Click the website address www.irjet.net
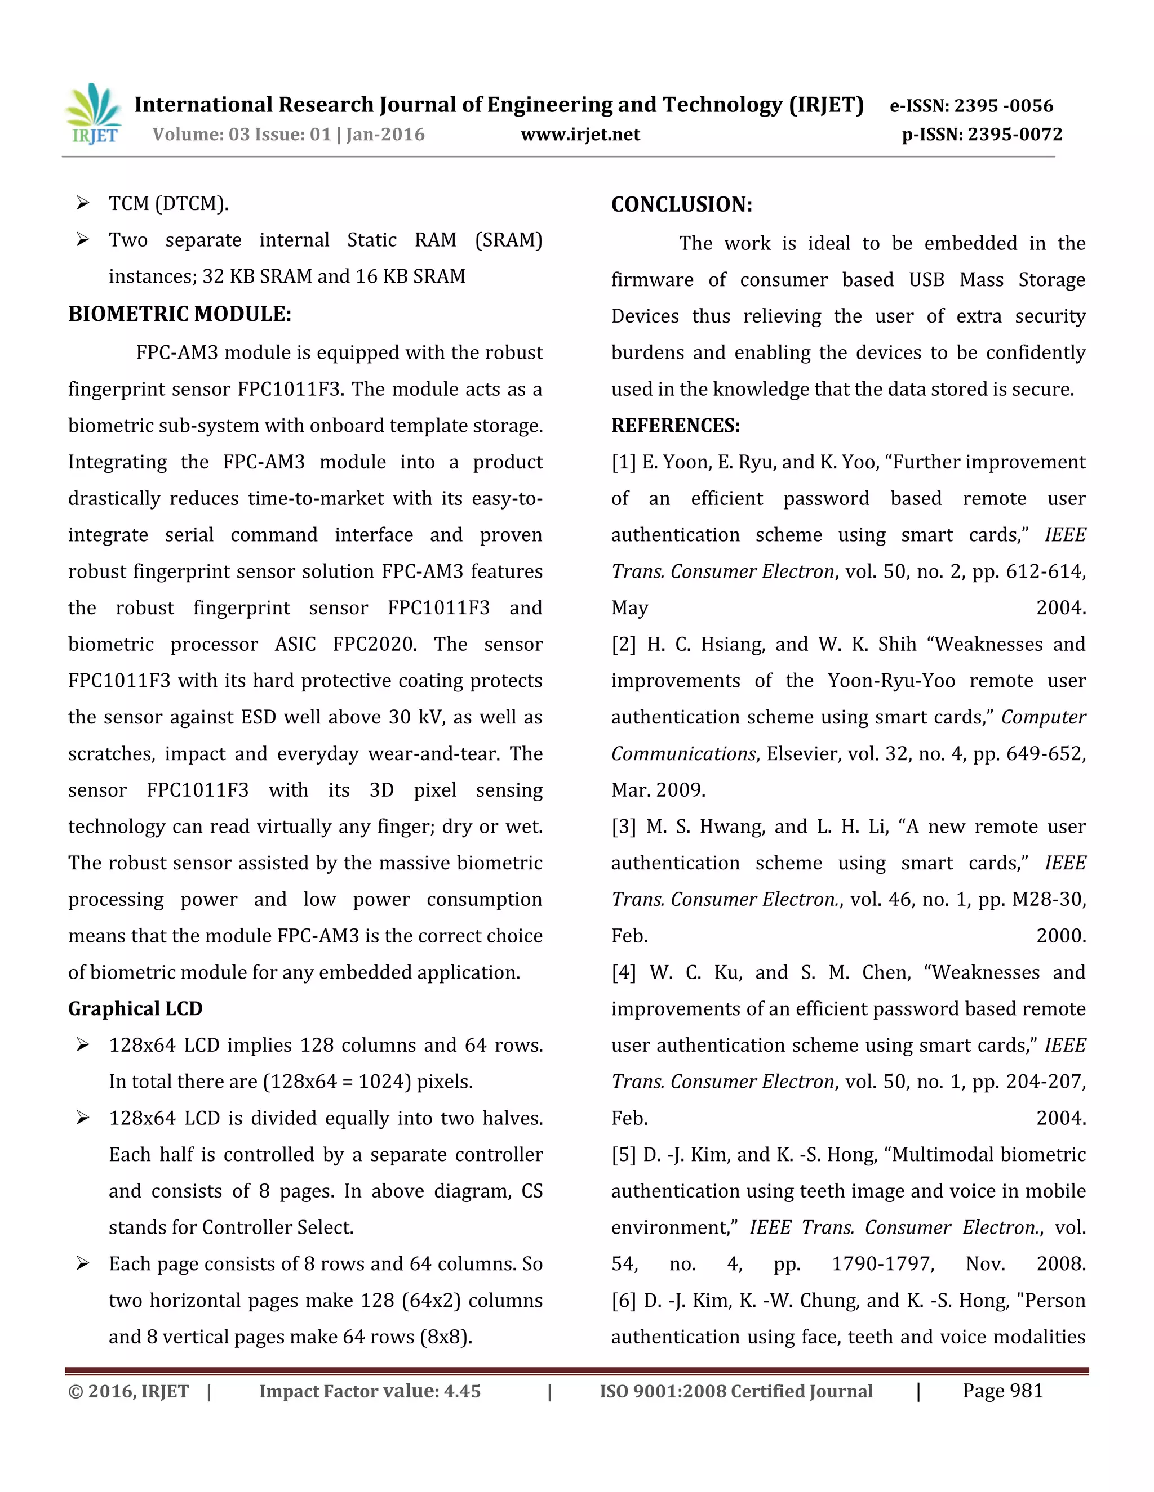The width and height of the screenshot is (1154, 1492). tap(580, 134)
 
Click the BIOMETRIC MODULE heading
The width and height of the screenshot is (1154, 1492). tap(180, 314)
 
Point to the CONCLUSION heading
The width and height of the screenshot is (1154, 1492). tap(682, 204)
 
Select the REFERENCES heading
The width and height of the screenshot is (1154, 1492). tap(676, 426)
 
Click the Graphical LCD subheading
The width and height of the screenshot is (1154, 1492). tap(135, 1009)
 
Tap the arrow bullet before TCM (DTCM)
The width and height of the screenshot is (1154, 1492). tap(83, 203)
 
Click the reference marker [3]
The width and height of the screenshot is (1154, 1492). tap(624, 827)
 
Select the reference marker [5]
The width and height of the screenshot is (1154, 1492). tap(624, 1155)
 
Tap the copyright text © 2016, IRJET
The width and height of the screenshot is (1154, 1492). tap(128, 1392)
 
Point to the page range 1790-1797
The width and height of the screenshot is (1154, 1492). tap(882, 1264)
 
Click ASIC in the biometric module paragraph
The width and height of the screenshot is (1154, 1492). tap(295, 644)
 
